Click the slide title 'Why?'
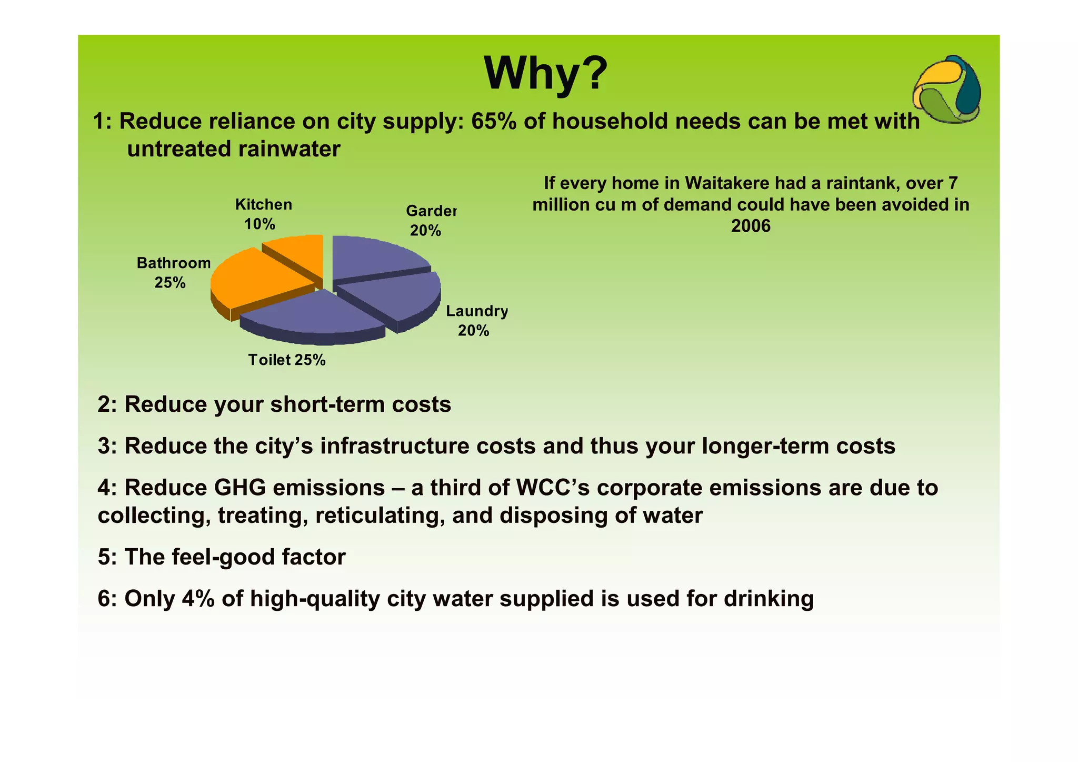click(x=545, y=74)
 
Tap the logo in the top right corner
click(x=946, y=90)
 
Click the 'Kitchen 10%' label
click(x=263, y=214)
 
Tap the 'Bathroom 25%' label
click(x=173, y=272)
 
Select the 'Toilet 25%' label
click(x=287, y=360)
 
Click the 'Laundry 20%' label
click(x=476, y=320)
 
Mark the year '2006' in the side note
click(x=751, y=226)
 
